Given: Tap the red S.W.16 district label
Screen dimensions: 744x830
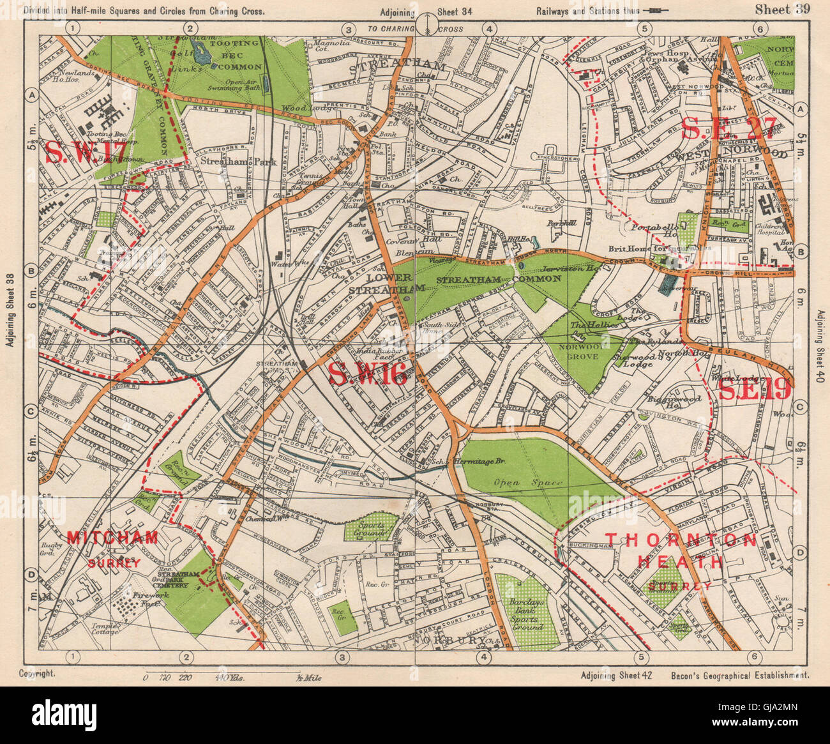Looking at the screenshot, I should click(x=368, y=374).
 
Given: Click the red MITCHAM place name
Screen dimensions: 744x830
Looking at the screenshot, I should click(x=112, y=538).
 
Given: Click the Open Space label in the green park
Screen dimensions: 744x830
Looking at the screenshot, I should click(x=534, y=483).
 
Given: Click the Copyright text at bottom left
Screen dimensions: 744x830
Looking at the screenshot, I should click(x=38, y=674).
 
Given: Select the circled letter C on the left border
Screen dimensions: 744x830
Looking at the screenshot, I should click(x=29, y=412).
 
